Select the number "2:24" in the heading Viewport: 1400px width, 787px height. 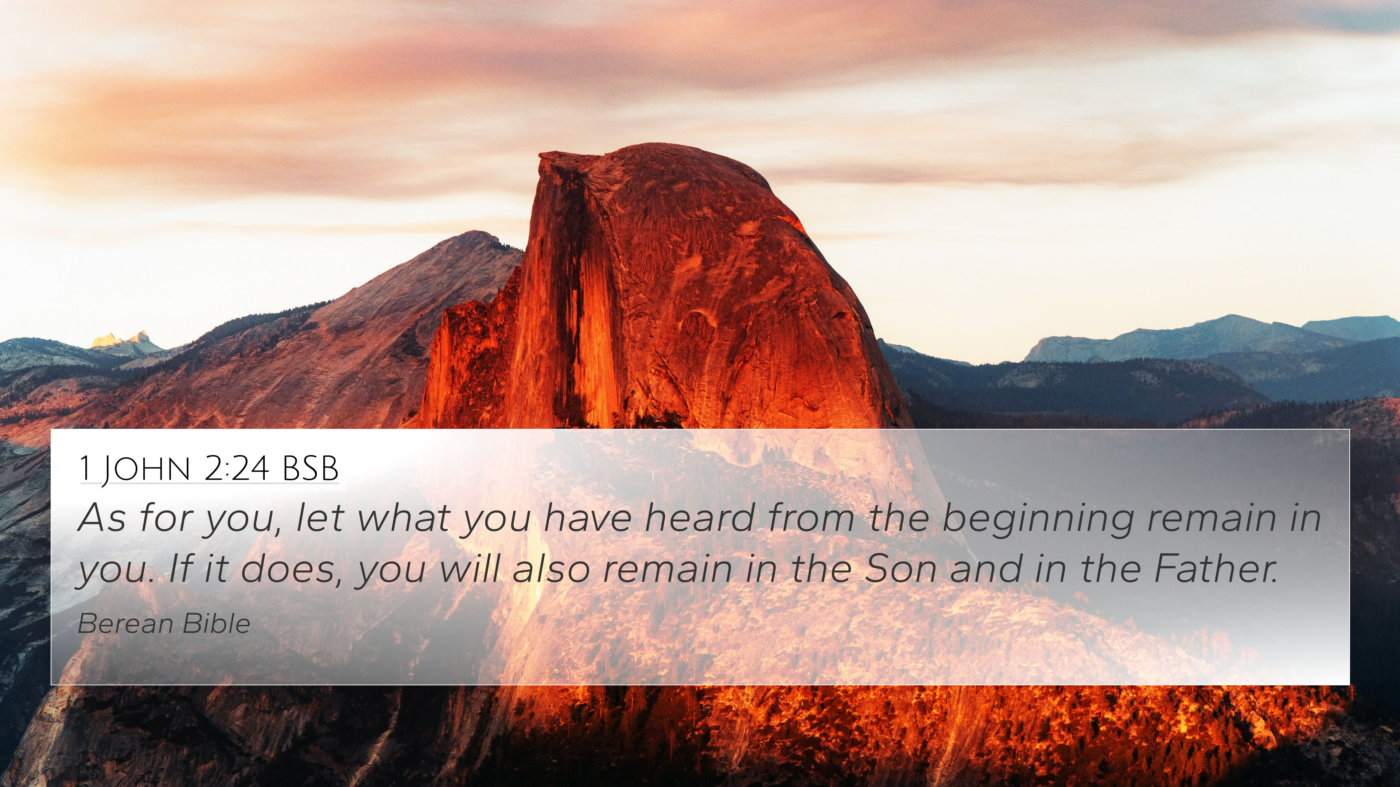(x=236, y=468)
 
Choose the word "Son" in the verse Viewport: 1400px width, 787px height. (x=900, y=569)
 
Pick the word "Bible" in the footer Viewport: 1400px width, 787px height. (x=216, y=623)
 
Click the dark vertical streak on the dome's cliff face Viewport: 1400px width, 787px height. (x=576, y=304)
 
